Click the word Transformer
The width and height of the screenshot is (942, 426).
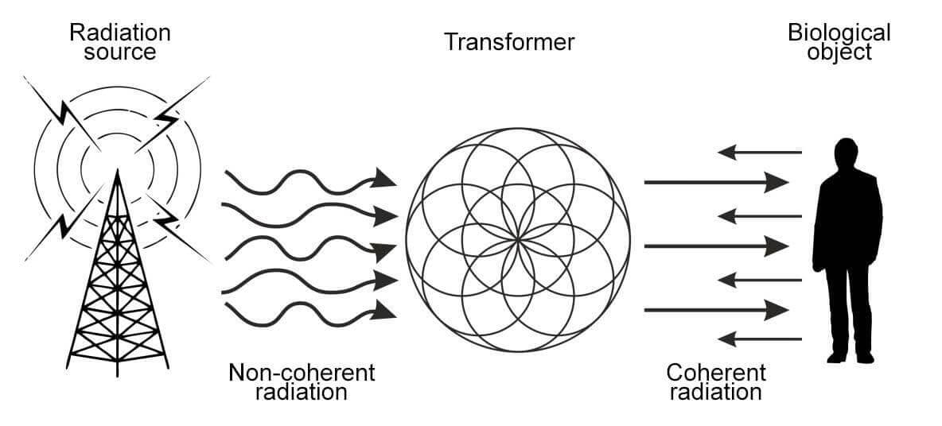(509, 41)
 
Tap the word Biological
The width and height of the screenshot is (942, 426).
(839, 33)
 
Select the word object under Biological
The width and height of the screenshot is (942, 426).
(839, 52)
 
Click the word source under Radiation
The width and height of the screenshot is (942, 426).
(119, 53)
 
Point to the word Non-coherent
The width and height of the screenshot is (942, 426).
(301, 372)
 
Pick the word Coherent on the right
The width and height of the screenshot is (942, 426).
(716, 372)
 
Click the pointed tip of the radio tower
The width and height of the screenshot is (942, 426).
(118, 171)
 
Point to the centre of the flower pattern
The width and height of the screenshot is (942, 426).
(518, 238)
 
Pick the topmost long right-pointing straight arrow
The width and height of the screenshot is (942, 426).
(716, 183)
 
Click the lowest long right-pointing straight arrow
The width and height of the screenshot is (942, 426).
(716, 309)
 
